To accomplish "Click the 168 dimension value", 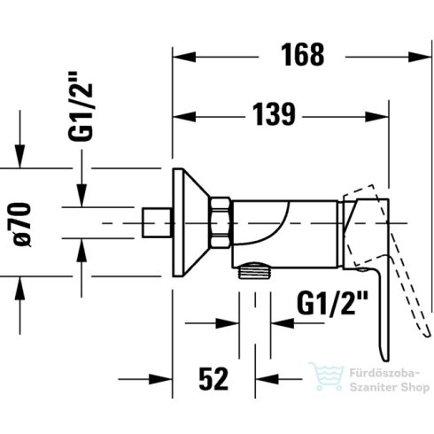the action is pyautogui.click(x=302, y=55).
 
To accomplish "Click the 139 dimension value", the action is pyautogui.click(x=275, y=114).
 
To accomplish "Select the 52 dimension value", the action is pyautogui.click(x=213, y=379).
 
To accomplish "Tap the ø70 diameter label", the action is pyautogui.click(x=23, y=225).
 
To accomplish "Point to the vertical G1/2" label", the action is pyautogui.click(x=81, y=106).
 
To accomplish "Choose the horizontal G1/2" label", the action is pyautogui.click(x=333, y=304).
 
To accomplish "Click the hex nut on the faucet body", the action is pyautogui.click(x=220, y=222).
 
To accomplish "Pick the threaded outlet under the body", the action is pyautogui.click(x=254, y=270).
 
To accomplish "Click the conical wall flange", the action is pyautogui.click(x=191, y=222).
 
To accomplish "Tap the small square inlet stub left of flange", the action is pyautogui.click(x=157, y=222).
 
